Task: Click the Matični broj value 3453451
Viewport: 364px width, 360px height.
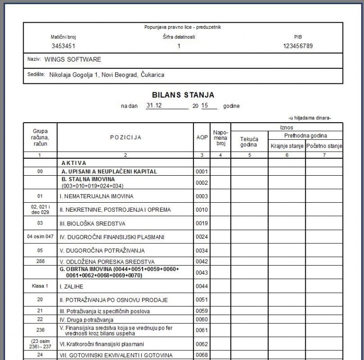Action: pyautogui.click(x=64, y=46)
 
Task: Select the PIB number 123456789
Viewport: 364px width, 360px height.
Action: pyautogui.click(x=298, y=46)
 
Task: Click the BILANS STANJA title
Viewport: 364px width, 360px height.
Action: pyautogui.click(x=183, y=95)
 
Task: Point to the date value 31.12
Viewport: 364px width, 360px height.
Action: pyautogui.click(x=155, y=106)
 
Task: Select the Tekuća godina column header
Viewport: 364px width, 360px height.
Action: pyautogui.click(x=249, y=142)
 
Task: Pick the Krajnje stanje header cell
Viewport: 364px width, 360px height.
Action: pyautogui.click(x=287, y=146)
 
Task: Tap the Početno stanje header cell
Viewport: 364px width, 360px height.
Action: pyautogui.click(x=324, y=146)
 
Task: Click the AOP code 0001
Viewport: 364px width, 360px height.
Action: pyautogui.click(x=202, y=171)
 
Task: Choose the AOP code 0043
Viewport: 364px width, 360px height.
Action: pyautogui.click(x=202, y=272)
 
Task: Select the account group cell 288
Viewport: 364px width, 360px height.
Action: pyautogui.click(x=40, y=261)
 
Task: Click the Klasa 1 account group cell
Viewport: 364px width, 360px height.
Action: pyautogui.click(x=40, y=286)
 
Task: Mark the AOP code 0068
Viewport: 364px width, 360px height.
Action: pyautogui.click(x=202, y=355)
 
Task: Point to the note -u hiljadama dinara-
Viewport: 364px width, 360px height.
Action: pyautogui.click(x=309, y=117)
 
